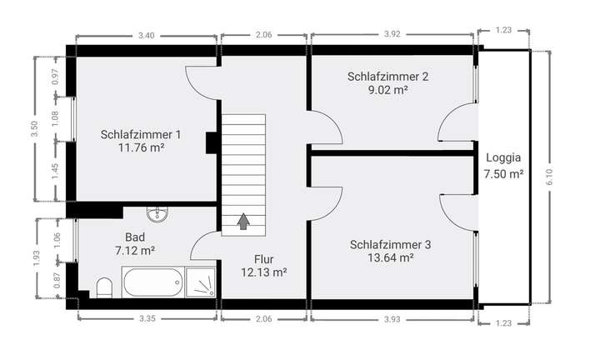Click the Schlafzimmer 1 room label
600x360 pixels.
(141, 134)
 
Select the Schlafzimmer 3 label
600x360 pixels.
(390, 244)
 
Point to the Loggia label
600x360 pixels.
(503, 157)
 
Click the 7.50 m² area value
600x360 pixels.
(503, 174)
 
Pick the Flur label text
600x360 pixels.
(264, 258)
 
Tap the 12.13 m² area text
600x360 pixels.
(264, 272)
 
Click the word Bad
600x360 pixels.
(135, 236)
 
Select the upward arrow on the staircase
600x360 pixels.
(243, 221)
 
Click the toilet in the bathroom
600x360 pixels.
(104, 287)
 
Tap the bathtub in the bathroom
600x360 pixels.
(152, 282)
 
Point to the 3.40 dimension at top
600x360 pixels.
(146, 36)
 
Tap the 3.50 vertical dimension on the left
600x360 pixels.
(34, 128)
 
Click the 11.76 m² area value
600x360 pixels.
(141, 148)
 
